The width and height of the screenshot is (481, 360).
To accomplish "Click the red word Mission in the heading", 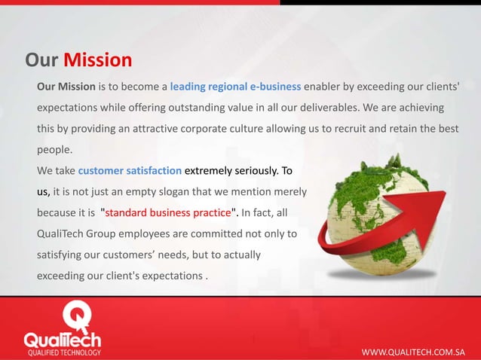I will tap(97, 59).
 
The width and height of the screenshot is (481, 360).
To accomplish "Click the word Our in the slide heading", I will tap(41, 59).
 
